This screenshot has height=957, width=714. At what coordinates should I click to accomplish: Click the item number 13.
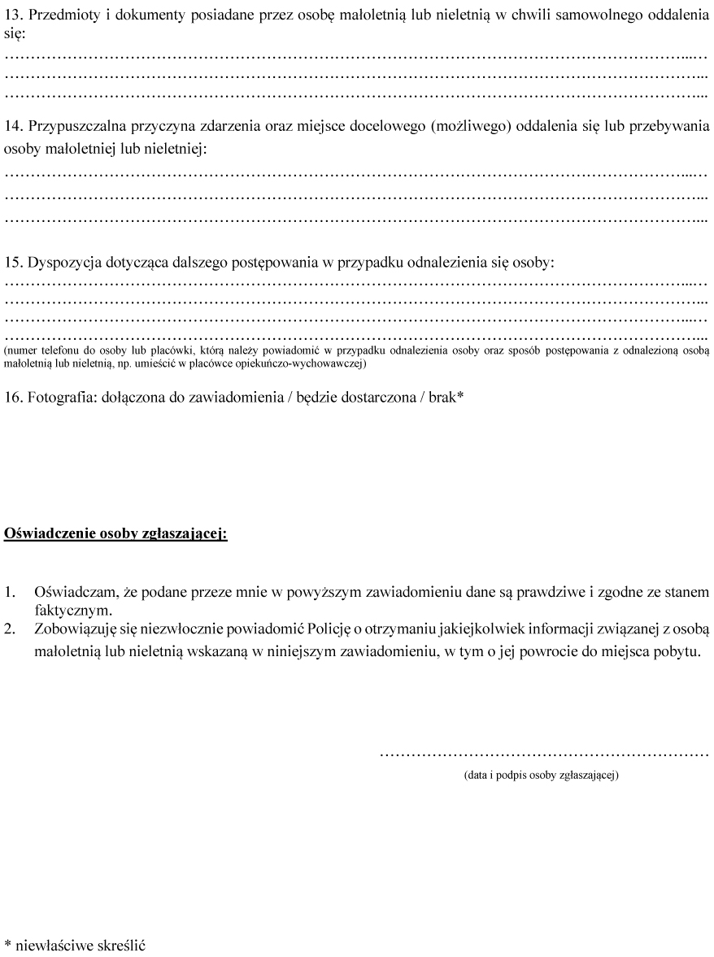click(x=14, y=15)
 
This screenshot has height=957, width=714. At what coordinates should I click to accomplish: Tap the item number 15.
click(x=14, y=263)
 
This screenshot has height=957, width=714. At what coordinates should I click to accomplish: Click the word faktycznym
click(x=72, y=609)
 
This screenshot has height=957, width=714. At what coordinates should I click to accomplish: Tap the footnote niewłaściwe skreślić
click(x=80, y=946)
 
